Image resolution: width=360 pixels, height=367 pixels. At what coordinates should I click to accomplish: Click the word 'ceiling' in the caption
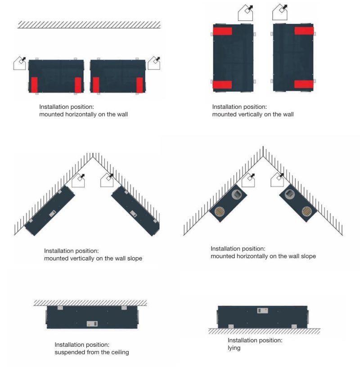tap(119, 352)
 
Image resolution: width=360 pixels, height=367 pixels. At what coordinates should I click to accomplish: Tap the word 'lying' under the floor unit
tap(234, 348)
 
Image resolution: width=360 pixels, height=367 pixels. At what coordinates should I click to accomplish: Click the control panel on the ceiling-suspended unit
tap(92, 324)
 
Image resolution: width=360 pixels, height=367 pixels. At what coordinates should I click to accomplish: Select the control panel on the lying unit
tap(262, 311)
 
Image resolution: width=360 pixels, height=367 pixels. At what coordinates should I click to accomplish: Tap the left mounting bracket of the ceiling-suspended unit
tap(60, 308)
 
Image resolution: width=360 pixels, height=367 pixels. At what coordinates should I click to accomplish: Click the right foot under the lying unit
tap(294, 327)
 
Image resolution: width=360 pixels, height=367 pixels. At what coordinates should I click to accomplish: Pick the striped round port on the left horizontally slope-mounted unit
tap(220, 211)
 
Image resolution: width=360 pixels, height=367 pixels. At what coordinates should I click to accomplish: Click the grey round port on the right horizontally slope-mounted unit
tap(289, 194)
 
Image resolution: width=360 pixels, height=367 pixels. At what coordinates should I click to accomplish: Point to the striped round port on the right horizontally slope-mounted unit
tap(306, 211)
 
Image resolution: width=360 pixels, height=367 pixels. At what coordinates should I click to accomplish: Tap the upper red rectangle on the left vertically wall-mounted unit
tap(222, 31)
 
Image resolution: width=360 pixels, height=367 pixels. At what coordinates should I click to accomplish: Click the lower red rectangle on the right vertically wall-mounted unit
tap(304, 84)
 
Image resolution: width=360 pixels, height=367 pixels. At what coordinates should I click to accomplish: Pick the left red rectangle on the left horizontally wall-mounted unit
tap(34, 85)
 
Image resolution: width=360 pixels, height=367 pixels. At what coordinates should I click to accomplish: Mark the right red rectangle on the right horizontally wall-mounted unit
tap(139, 85)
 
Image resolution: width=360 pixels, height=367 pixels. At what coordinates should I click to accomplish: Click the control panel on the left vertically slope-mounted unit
tap(53, 214)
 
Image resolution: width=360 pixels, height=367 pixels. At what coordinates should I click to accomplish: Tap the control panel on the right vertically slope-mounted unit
tap(134, 214)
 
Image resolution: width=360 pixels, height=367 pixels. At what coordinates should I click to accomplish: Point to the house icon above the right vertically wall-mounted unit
tap(280, 13)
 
